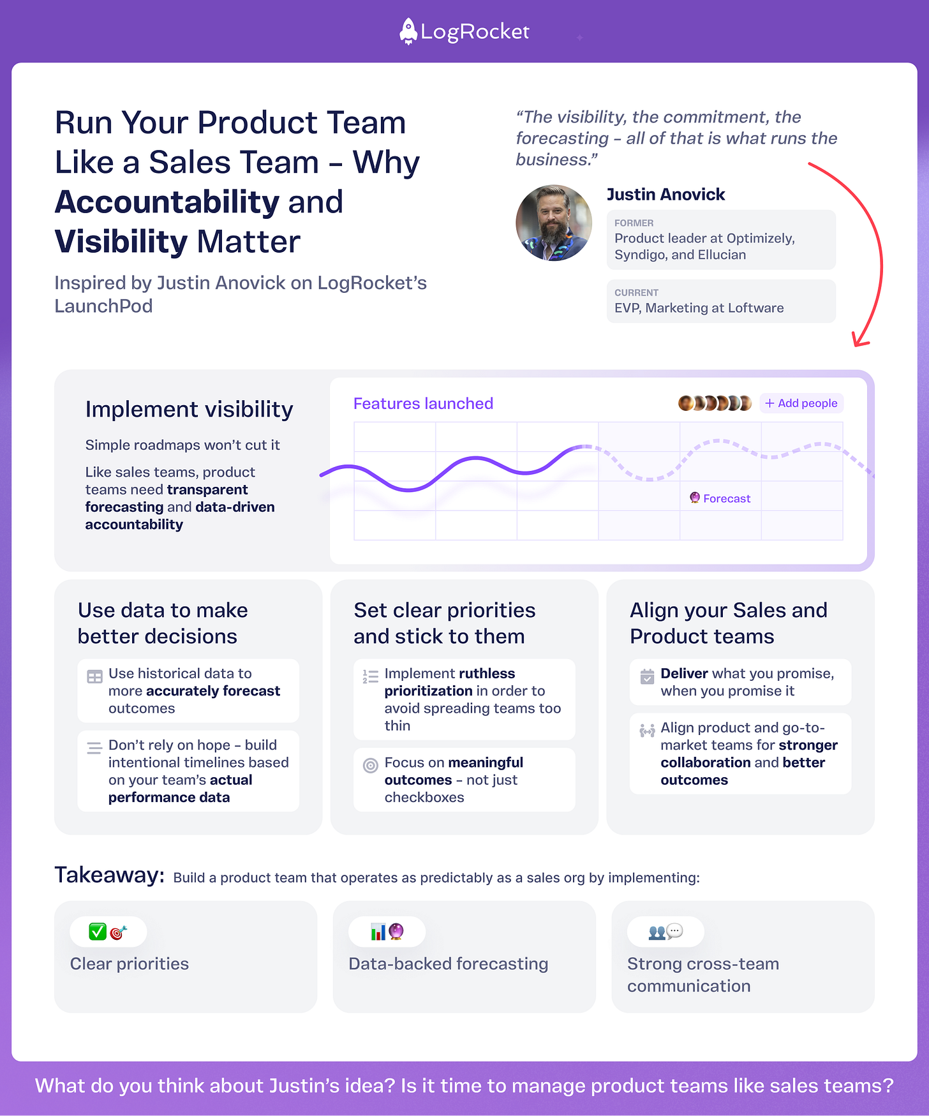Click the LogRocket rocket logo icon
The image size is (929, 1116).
[408, 31]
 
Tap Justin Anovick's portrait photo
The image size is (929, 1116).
[553, 223]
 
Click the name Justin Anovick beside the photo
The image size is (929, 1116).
[665, 195]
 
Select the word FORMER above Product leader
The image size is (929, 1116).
[634, 223]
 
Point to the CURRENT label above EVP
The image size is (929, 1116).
[636, 293]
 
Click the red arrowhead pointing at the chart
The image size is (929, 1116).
[859, 341]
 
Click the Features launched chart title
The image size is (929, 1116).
[423, 404]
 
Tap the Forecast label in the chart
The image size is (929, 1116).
[727, 499]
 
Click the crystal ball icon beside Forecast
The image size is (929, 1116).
[695, 498]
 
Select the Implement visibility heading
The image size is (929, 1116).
[189, 410]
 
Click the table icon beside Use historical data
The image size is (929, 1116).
[94, 677]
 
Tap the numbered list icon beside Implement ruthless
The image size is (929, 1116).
[370, 676]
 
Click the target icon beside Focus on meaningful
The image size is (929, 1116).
[370, 765]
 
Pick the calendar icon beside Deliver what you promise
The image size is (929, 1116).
[647, 676]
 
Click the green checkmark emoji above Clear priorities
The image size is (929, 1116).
[98, 932]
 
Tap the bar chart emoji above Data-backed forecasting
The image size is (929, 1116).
[378, 932]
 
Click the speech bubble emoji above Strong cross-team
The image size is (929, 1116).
[674, 931]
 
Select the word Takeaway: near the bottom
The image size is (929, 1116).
[109, 875]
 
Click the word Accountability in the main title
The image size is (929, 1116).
[167, 202]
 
